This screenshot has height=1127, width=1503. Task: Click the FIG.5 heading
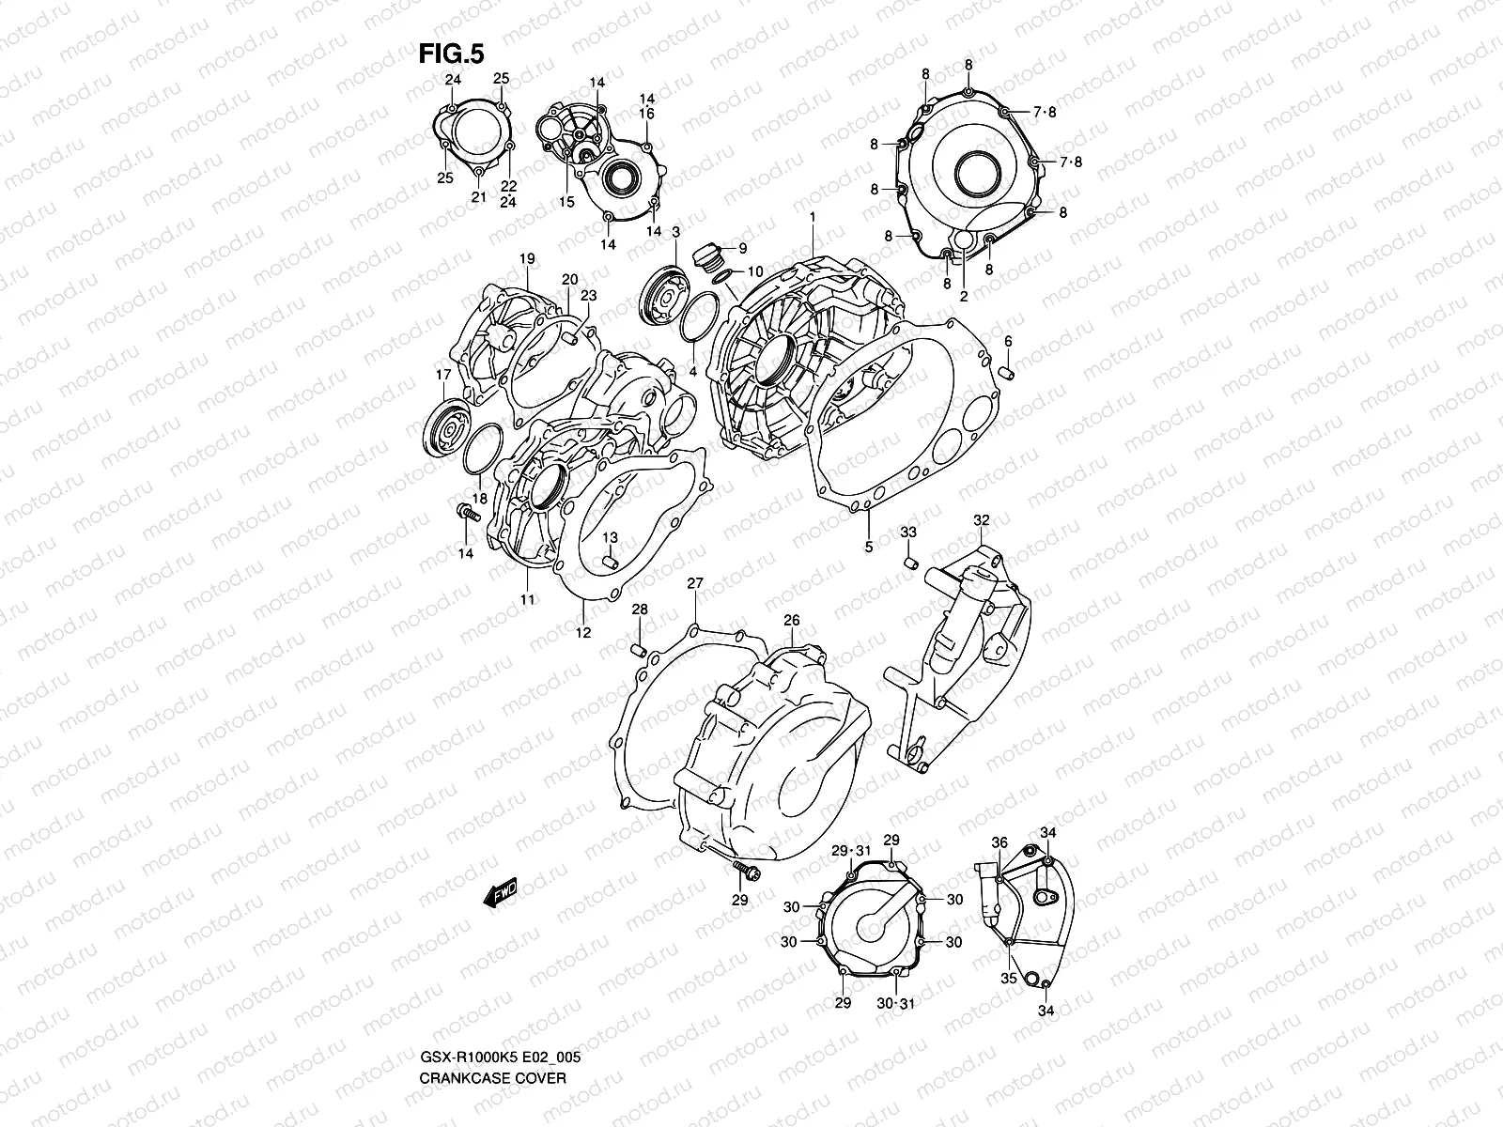click(x=451, y=54)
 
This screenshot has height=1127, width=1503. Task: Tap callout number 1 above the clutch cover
click(x=813, y=217)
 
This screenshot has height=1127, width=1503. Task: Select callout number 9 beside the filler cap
click(x=742, y=249)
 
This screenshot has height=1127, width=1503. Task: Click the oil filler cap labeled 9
click(x=706, y=255)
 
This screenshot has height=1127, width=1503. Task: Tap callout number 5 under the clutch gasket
click(x=869, y=546)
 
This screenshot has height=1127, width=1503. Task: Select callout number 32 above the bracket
click(x=981, y=519)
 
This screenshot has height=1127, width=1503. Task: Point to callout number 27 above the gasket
click(x=694, y=584)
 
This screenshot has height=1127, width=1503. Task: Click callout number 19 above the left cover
click(x=526, y=258)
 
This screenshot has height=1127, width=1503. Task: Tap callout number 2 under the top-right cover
click(x=963, y=295)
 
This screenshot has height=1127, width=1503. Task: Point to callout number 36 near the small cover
click(x=999, y=842)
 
